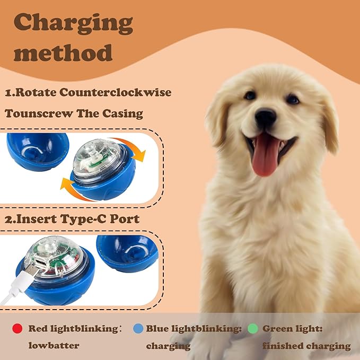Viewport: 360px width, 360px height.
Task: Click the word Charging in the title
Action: [x=74, y=23]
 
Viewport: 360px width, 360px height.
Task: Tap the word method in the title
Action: [x=63, y=53]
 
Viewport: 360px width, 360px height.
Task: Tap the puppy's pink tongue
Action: [x=266, y=154]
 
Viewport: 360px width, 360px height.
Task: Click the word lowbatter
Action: [x=54, y=346]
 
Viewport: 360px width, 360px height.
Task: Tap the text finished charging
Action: [x=306, y=346]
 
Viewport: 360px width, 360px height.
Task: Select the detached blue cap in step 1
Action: [x=37, y=151]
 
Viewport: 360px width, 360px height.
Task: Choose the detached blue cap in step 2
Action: [x=127, y=252]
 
